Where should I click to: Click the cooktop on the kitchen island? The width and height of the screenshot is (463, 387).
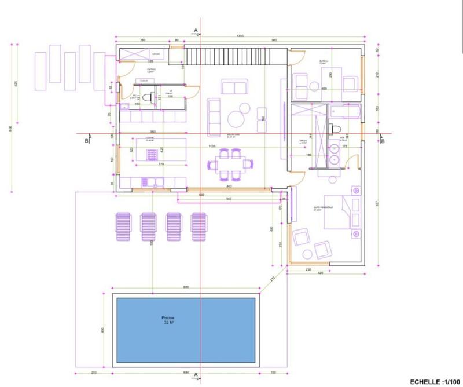(x=152, y=155)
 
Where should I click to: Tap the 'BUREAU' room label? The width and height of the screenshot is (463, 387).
(x=324, y=61)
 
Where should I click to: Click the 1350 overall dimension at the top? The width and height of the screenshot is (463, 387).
(x=240, y=36)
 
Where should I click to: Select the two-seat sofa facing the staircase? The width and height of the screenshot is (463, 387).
(x=233, y=87)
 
